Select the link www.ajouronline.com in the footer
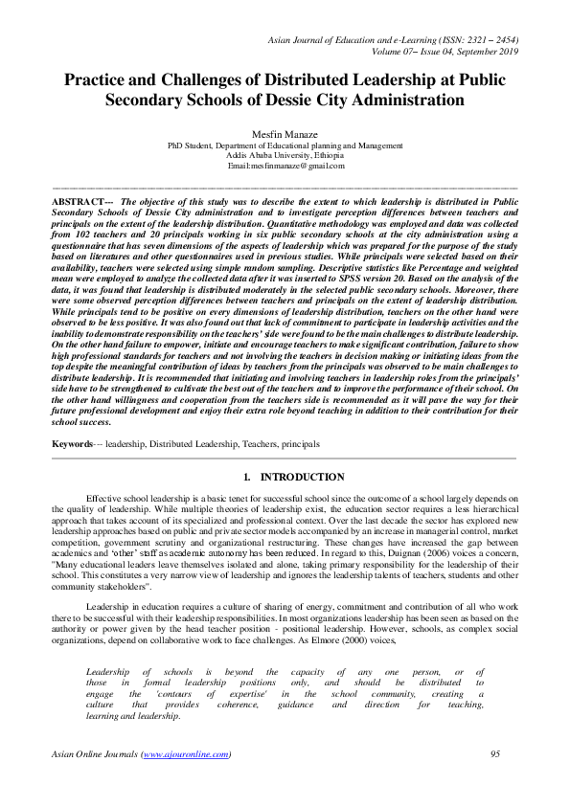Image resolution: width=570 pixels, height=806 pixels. (x=186, y=754)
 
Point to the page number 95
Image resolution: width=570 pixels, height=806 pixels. (x=495, y=754)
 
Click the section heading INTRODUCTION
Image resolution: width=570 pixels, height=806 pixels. (x=303, y=477)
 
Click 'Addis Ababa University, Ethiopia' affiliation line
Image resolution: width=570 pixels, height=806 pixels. (x=285, y=155)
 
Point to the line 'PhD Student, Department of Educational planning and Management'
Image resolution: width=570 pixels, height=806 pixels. (x=285, y=146)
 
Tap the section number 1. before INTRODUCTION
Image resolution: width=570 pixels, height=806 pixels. (x=247, y=477)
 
